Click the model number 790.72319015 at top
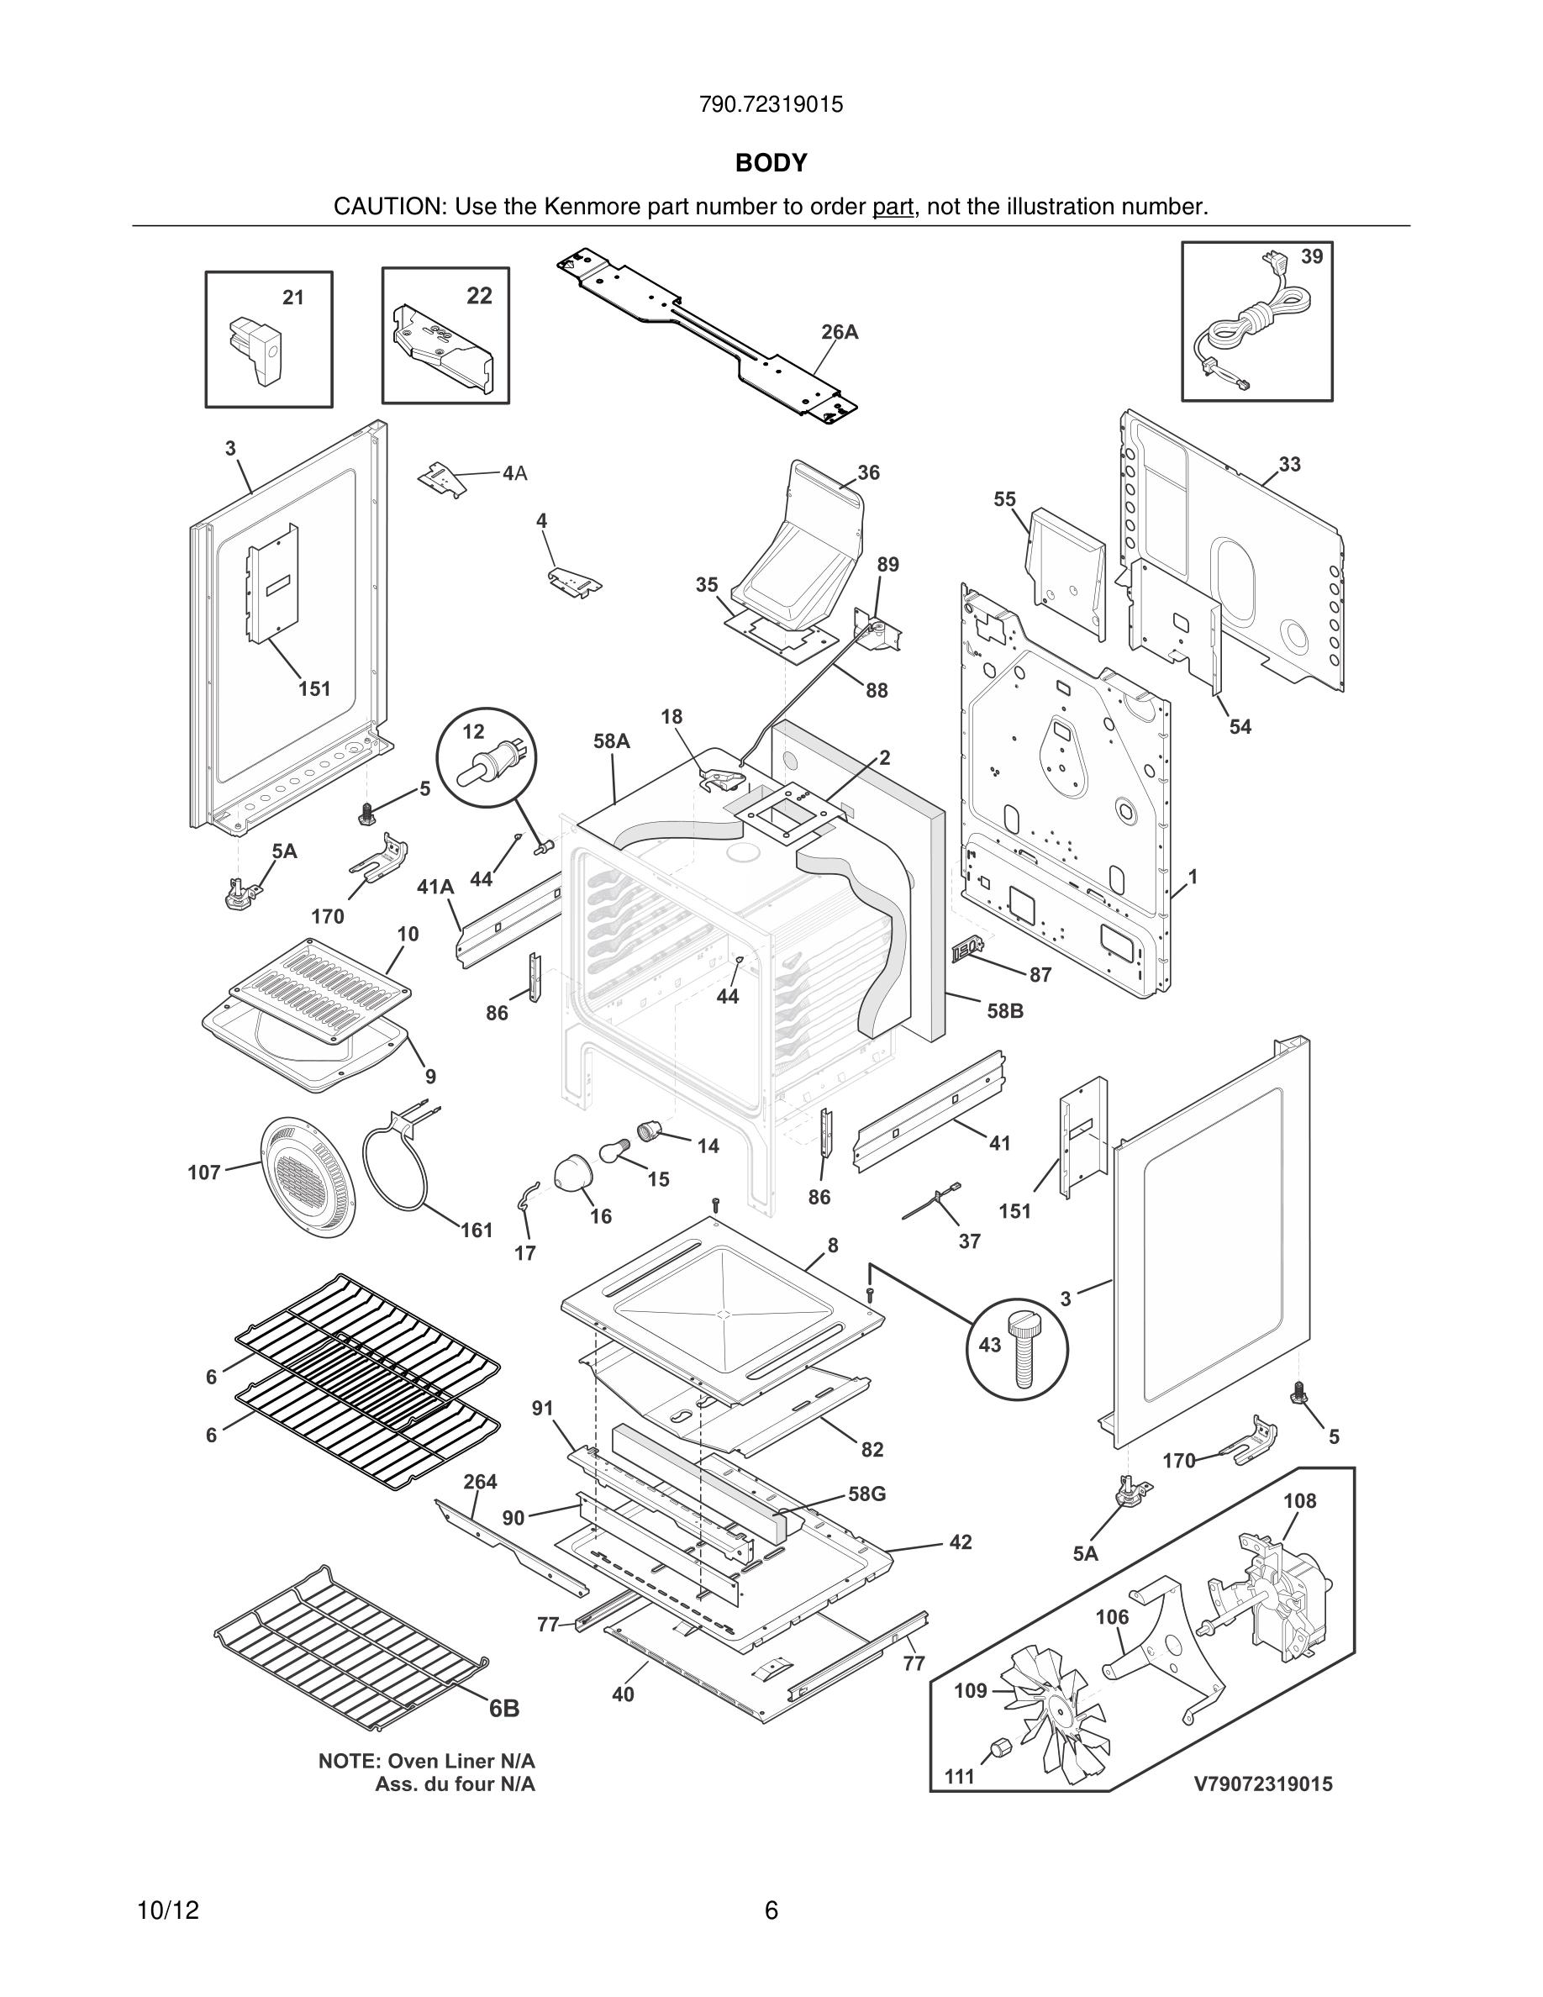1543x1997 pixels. click(x=771, y=104)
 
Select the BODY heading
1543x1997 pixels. click(x=771, y=163)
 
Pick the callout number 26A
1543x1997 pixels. click(x=839, y=332)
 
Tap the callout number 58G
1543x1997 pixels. click(x=866, y=1494)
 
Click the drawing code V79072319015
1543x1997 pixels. click(x=1262, y=1784)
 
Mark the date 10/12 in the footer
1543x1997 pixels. click(x=167, y=1910)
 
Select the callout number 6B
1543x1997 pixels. click(x=503, y=1708)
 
